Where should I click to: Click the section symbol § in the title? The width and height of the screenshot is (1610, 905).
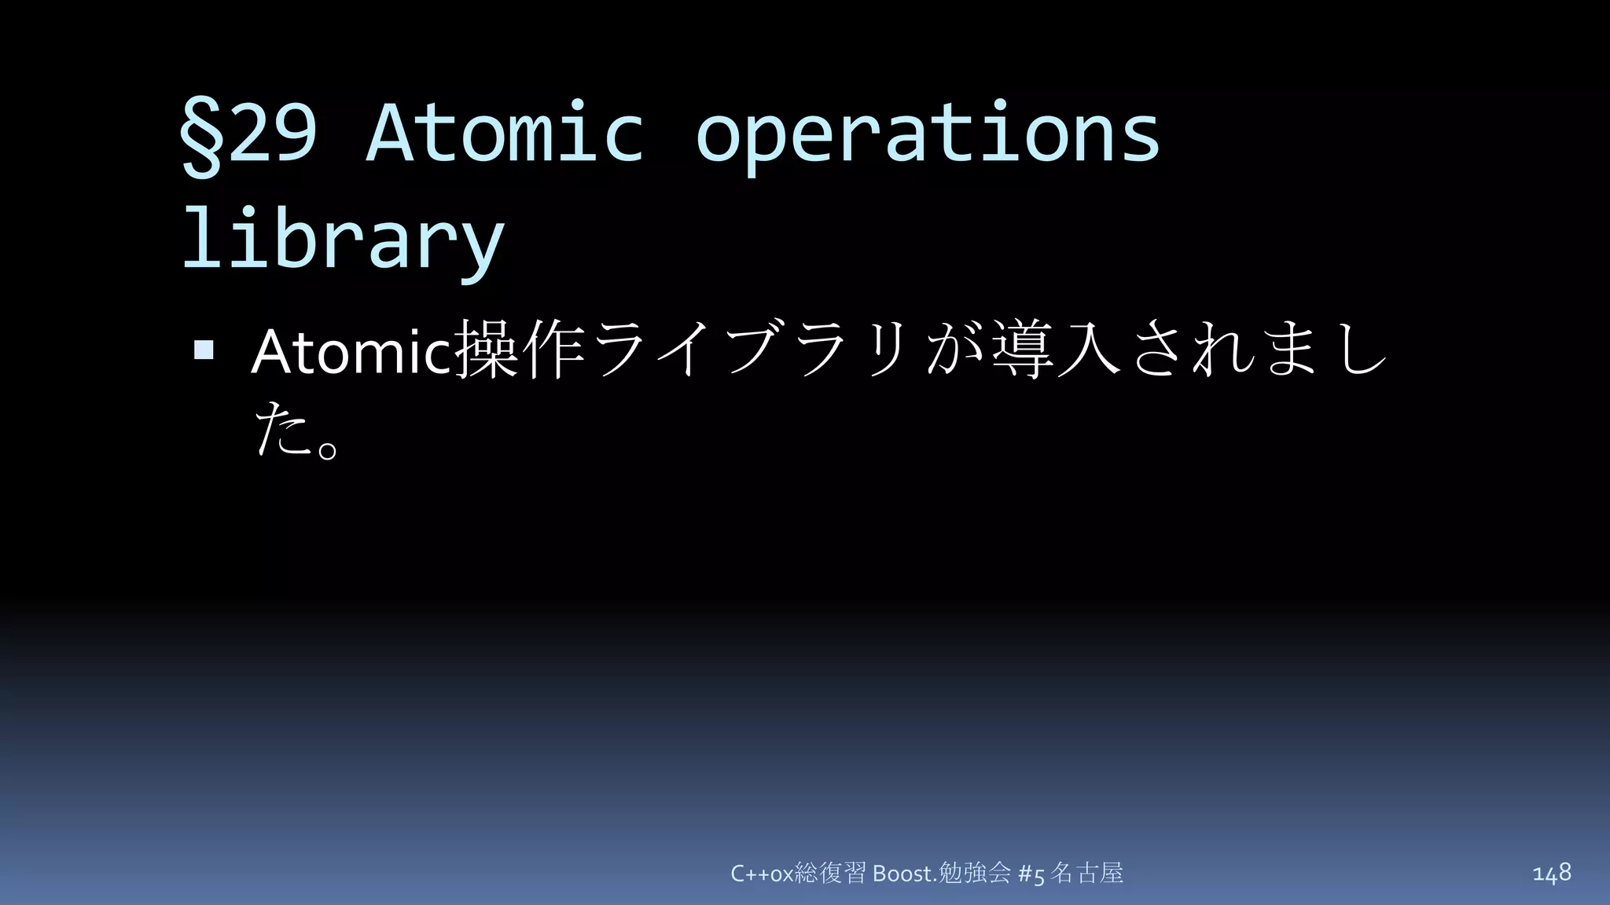tap(201, 135)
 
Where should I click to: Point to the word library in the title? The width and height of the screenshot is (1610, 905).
tap(343, 240)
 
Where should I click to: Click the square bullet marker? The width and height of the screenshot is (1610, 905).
tap(204, 350)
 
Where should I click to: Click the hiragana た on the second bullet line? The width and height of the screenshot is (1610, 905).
tap(281, 428)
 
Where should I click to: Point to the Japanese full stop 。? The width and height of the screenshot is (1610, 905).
tap(329, 448)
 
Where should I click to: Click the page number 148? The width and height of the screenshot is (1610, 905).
tap(1551, 872)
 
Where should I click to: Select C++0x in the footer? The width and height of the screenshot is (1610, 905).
tap(762, 874)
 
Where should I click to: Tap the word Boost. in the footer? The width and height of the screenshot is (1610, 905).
tap(905, 874)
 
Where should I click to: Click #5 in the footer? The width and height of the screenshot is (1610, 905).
tap(1031, 874)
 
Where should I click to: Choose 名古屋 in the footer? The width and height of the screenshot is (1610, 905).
tap(1087, 873)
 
